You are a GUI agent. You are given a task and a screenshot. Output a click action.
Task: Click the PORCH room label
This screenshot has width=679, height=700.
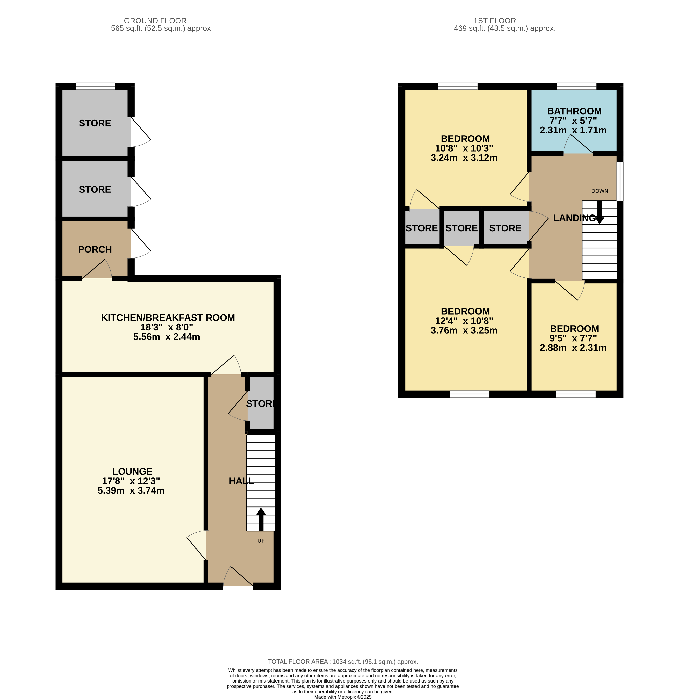point(95,249)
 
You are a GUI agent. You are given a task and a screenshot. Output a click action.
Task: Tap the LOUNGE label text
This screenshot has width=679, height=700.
point(132,471)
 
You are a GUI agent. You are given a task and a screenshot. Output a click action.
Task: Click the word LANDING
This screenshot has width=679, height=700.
point(574,218)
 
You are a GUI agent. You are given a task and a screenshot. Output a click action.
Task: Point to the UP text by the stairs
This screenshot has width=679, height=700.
point(261,541)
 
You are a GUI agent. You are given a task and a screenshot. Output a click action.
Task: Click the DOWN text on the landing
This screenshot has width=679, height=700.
point(599,191)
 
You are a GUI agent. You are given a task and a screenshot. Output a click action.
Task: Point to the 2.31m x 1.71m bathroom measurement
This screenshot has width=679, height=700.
point(573,130)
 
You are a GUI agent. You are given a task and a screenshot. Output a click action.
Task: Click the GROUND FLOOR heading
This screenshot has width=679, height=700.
point(155,21)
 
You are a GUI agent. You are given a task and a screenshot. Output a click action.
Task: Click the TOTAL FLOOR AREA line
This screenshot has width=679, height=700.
point(343,662)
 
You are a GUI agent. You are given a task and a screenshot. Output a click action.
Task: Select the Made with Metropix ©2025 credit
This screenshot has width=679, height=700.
point(343,697)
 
